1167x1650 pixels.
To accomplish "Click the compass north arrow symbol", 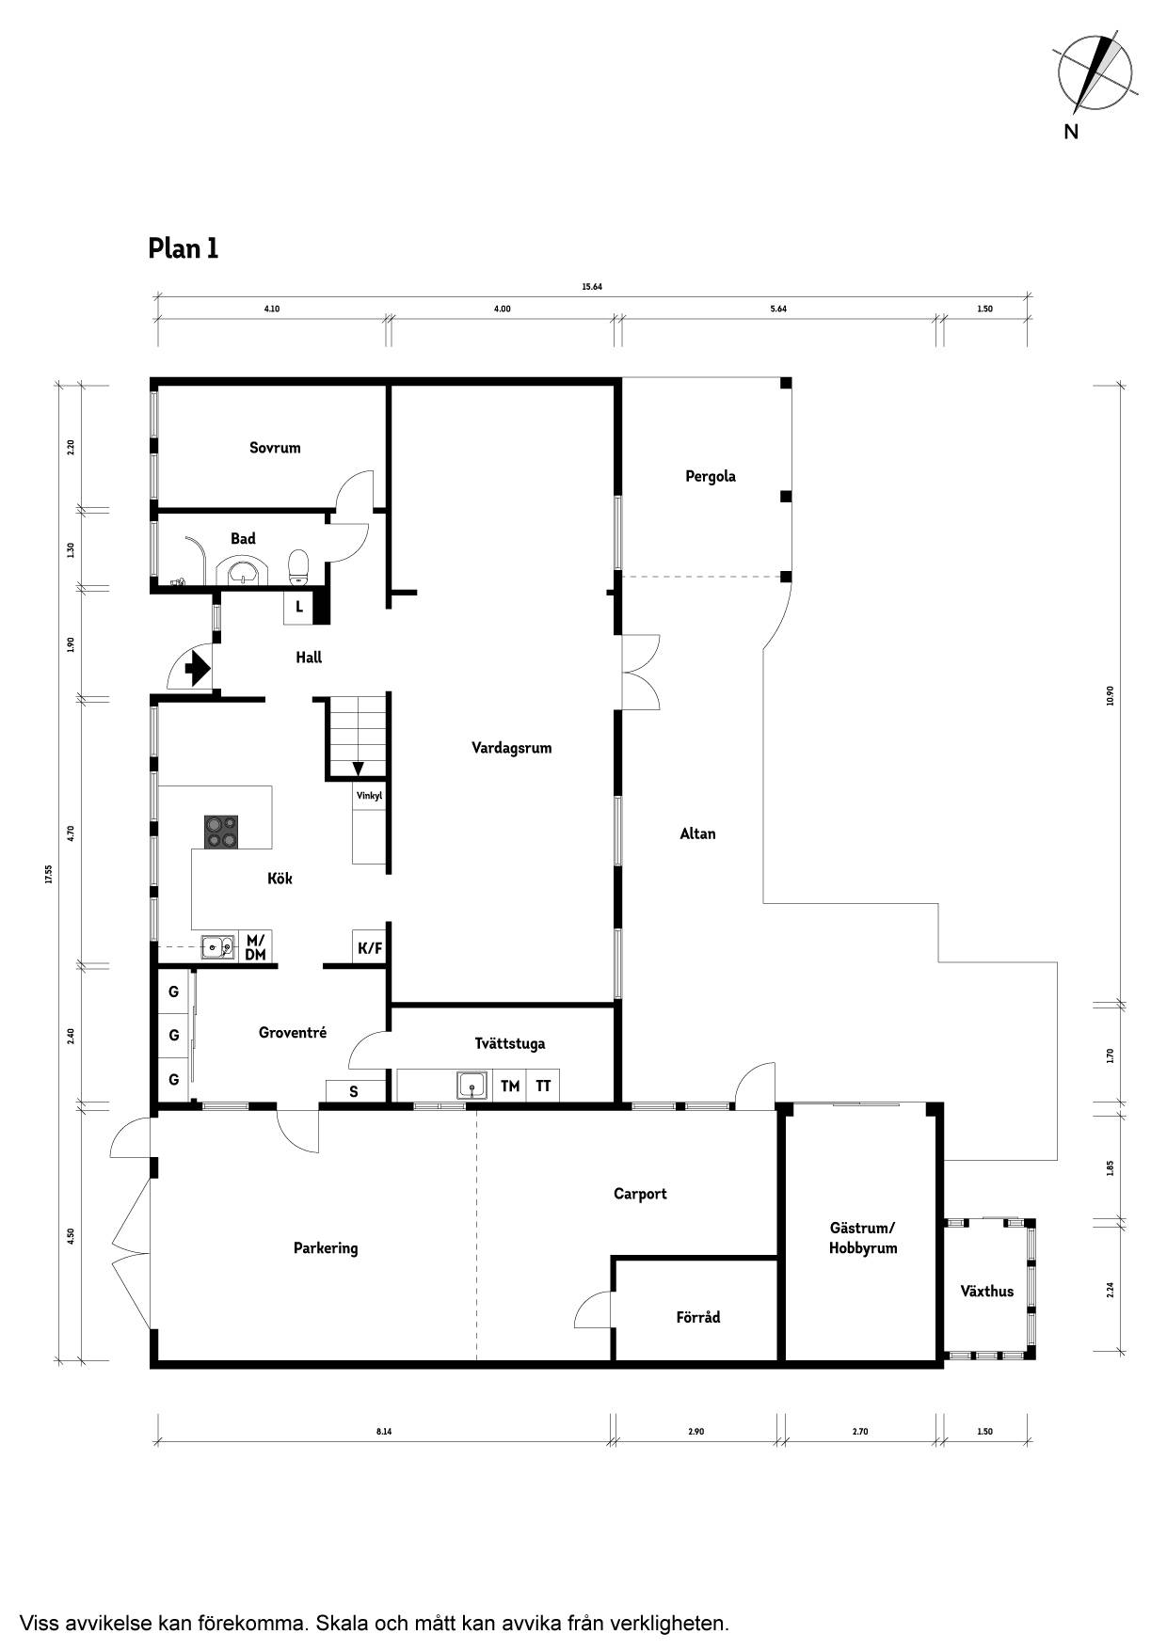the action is point(1096,71).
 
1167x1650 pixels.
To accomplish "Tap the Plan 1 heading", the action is point(184,248).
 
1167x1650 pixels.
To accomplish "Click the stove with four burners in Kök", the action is point(221,833).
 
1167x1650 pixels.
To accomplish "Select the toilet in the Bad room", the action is point(298,566).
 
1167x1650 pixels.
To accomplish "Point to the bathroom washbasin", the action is point(243,570).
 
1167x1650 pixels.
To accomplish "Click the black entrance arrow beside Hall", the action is point(198,668).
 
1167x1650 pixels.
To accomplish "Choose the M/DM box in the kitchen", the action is point(255,947).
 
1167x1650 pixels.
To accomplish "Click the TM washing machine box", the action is point(510,1086).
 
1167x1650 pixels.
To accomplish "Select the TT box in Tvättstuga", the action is point(543,1086).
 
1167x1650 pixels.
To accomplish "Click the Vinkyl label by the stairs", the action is point(369,796).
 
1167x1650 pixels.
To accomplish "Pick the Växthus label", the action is point(987,1291).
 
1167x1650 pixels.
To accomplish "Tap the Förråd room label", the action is point(698,1317).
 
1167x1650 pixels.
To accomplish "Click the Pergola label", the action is point(711,476).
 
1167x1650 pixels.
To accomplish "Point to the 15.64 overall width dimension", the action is point(592,287).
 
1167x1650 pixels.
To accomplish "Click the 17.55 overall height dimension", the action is point(47,874).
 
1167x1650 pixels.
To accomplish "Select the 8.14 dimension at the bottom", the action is point(384,1432).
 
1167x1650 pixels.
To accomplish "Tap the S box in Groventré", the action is point(354,1091).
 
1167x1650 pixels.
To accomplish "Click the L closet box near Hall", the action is point(299,607).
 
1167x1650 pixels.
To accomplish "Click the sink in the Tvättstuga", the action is point(472,1086).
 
